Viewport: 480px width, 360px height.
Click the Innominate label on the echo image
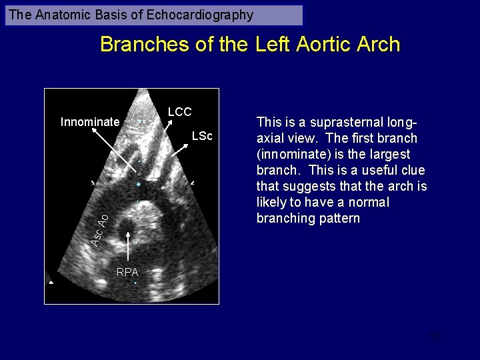click(x=90, y=122)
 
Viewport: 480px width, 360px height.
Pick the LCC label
click(x=179, y=112)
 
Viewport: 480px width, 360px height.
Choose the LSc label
click(x=201, y=137)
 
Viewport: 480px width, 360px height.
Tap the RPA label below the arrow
click(x=127, y=272)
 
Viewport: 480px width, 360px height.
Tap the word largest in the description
click(x=394, y=155)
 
